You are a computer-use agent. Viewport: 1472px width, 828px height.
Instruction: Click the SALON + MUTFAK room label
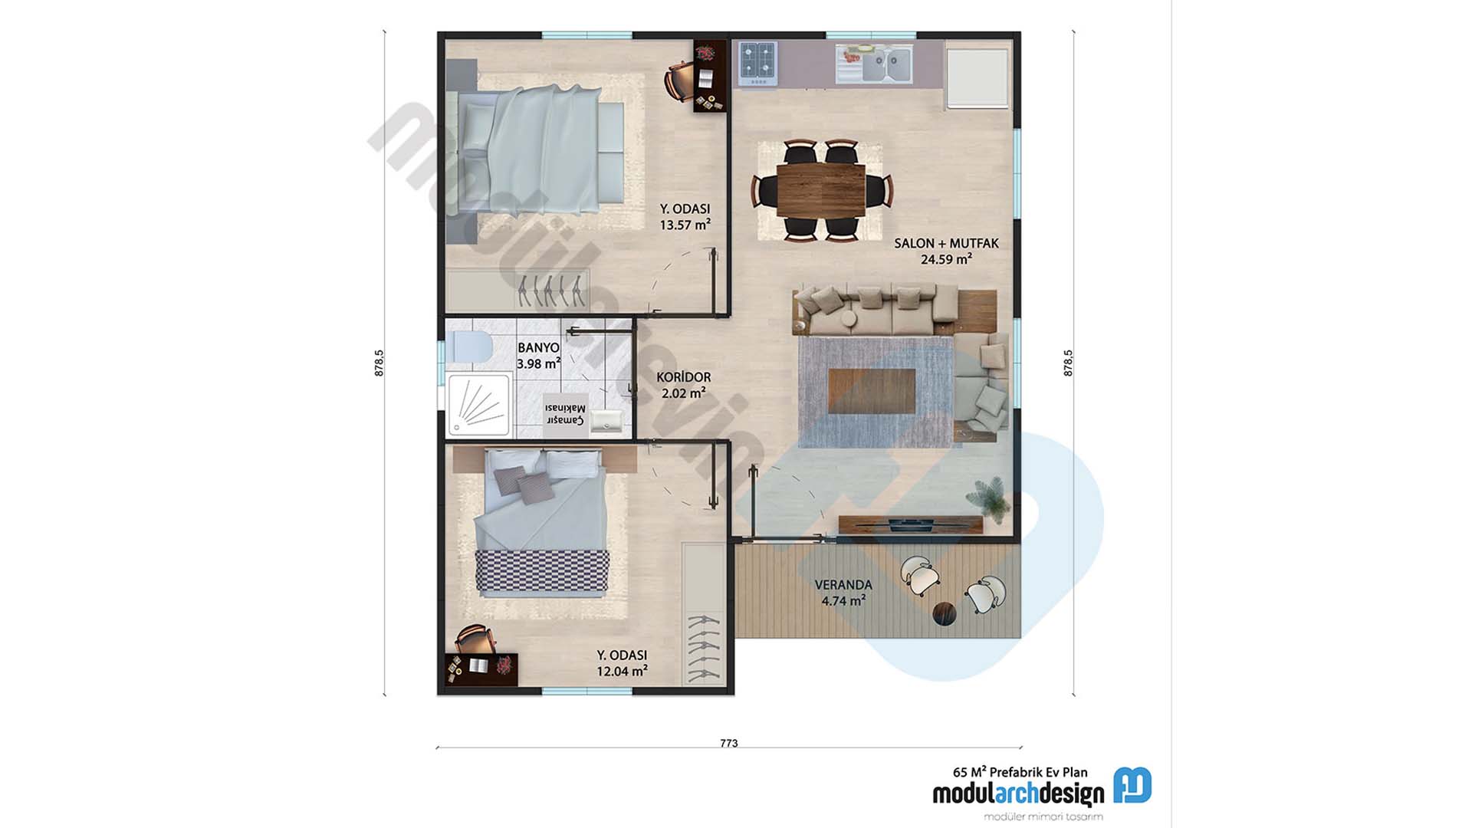point(946,243)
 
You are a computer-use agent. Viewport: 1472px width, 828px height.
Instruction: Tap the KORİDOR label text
point(683,377)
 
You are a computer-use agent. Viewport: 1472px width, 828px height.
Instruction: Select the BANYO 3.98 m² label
point(538,356)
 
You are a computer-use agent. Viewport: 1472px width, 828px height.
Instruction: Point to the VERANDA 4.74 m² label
point(843,593)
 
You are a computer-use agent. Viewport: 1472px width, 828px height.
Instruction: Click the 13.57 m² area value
point(685,225)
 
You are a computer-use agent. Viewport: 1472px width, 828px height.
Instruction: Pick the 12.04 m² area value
point(622,672)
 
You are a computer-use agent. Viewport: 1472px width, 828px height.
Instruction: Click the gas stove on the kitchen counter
point(757,62)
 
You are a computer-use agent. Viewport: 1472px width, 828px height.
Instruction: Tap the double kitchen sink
point(886,64)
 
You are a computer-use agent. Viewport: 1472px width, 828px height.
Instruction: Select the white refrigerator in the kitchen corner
point(977,77)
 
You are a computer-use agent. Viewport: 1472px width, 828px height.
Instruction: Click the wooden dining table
point(820,189)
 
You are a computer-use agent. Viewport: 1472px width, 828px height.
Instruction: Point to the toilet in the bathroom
point(470,347)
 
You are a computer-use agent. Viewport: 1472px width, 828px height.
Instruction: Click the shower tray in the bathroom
point(479,404)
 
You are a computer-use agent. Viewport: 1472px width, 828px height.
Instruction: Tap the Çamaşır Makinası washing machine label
point(565,415)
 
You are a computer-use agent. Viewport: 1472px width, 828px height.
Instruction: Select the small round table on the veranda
point(945,614)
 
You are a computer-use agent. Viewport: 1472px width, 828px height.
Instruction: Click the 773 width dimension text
point(728,743)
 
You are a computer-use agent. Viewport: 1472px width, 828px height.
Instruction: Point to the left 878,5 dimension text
point(379,363)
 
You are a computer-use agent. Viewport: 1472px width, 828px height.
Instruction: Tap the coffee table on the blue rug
point(872,391)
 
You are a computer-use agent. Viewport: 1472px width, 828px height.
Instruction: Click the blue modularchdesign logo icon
point(1132,785)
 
